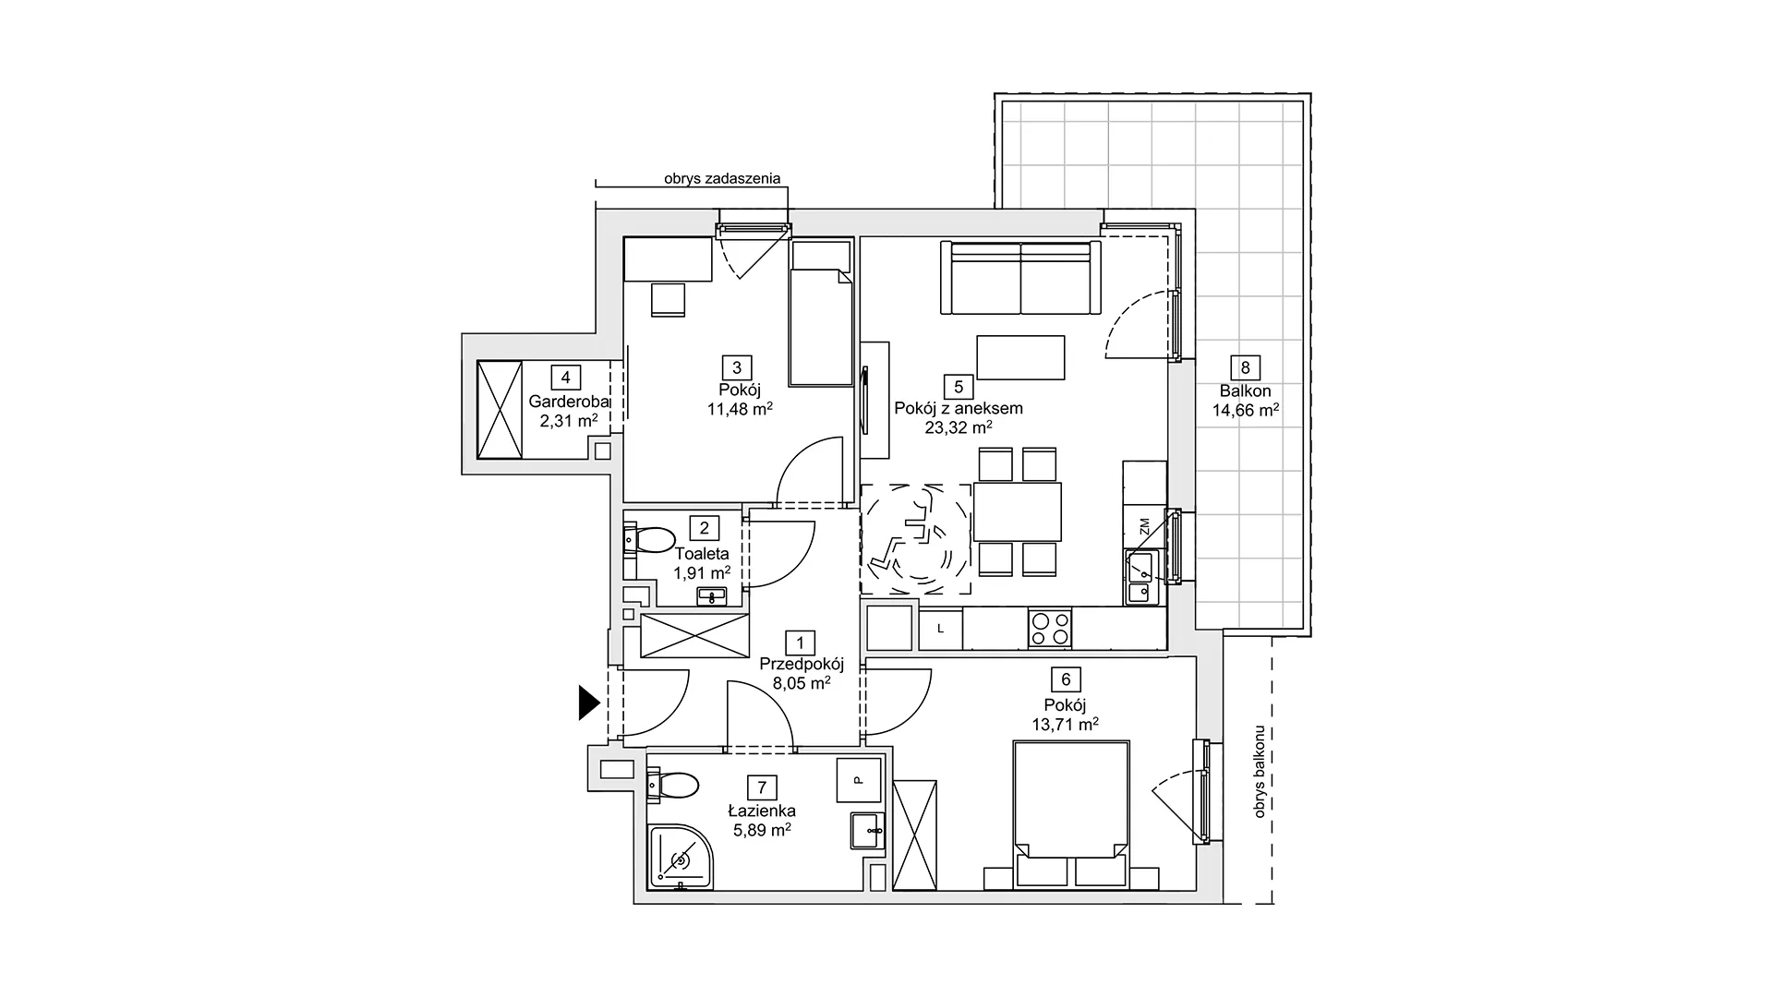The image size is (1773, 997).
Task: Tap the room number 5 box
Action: tap(959, 387)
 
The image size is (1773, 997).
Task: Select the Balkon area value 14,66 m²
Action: tap(1246, 410)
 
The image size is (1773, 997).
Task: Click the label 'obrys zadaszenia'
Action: tap(722, 178)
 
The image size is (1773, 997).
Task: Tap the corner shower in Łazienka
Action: tap(681, 858)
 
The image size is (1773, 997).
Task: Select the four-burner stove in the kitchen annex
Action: tap(1050, 628)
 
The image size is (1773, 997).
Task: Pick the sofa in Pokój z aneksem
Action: tap(1020, 277)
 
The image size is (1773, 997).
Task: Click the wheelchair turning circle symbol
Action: tap(915, 538)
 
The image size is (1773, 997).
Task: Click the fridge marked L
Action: tap(939, 629)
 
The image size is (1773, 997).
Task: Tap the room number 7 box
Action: tap(762, 787)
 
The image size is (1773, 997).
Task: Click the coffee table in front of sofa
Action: tap(1020, 357)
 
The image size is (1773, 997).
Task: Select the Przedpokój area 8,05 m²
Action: tap(802, 684)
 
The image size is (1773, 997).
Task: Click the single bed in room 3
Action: tap(820, 314)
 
